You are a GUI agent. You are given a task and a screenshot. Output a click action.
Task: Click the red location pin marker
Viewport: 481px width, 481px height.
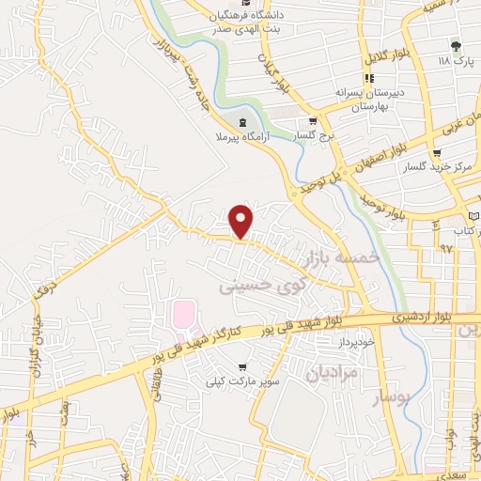tap(242, 221)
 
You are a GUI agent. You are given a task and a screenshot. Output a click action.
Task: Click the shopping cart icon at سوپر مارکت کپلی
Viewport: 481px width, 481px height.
tap(243, 367)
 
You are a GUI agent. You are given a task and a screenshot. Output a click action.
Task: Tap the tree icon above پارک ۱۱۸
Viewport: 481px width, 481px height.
tap(457, 44)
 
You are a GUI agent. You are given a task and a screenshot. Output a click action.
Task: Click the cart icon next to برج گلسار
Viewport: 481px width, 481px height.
tap(313, 122)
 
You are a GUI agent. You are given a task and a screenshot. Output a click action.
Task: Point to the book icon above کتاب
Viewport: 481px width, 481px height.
tap(473, 217)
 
